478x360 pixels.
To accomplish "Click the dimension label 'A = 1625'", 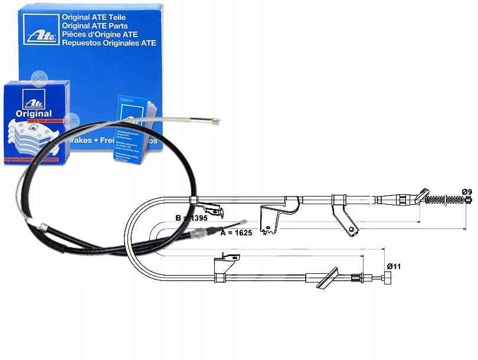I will click(x=235, y=233).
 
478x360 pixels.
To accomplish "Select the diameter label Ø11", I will click(x=394, y=266).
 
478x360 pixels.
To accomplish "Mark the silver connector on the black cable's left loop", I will click(x=43, y=225).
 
